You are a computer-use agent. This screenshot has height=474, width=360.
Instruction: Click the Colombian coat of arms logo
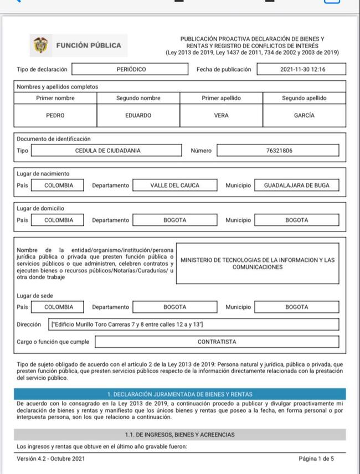40,45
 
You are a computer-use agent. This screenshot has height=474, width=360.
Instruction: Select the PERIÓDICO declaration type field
131,70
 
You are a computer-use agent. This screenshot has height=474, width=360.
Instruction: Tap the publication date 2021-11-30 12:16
303,70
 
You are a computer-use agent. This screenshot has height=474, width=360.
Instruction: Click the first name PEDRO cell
55,116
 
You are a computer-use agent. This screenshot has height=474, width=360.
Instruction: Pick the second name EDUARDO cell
138,116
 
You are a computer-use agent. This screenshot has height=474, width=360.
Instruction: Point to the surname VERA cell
221,116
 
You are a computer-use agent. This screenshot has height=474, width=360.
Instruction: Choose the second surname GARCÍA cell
304,116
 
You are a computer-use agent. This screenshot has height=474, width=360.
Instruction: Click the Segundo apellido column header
304,98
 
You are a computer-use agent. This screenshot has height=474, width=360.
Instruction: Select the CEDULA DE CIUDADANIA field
107,151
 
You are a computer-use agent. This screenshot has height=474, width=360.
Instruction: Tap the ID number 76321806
277,151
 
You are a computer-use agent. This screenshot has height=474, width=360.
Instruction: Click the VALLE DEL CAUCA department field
174,186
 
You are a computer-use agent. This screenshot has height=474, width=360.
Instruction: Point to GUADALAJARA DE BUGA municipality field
296,186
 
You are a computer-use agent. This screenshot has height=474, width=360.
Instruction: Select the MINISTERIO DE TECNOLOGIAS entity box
258,264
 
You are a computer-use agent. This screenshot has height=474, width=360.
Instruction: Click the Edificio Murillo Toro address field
194,324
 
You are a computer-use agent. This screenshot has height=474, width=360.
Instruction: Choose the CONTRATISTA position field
217,342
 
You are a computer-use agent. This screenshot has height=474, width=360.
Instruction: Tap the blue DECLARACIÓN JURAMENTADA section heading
179,394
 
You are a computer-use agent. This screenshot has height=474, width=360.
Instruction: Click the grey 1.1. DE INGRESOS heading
179,435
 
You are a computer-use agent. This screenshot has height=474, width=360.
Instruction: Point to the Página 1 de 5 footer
316,459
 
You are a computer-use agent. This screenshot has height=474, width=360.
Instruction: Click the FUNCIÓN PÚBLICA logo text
89,45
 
